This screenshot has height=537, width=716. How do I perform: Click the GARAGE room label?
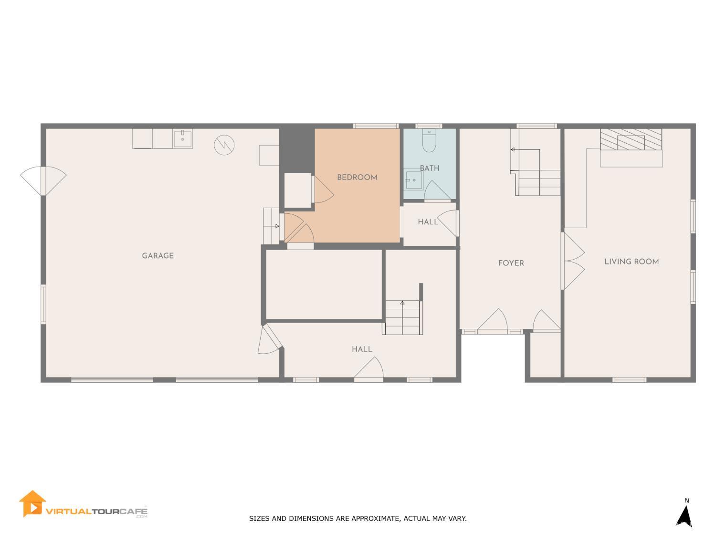[x=158, y=256]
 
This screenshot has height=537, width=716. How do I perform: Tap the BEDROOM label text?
[x=357, y=178]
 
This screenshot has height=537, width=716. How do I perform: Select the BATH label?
[x=429, y=168]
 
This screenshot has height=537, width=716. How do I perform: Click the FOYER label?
[x=511, y=263]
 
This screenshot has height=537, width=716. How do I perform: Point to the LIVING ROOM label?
[x=631, y=262]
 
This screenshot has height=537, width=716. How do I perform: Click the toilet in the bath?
[x=429, y=141]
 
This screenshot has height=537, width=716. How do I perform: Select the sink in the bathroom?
[x=413, y=180]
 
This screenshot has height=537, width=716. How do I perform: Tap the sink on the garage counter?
[x=183, y=139]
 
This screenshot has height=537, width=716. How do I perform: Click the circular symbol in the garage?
[x=224, y=145]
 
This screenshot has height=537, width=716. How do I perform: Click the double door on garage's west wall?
[x=43, y=180]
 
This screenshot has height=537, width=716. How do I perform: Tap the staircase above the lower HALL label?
[x=403, y=317]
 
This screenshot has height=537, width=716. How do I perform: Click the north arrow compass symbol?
[x=685, y=516]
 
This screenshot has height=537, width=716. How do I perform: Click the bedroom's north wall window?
[x=376, y=126]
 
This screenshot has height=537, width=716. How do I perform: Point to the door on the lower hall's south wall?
[x=369, y=371]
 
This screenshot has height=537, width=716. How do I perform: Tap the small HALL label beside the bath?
[x=428, y=222]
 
